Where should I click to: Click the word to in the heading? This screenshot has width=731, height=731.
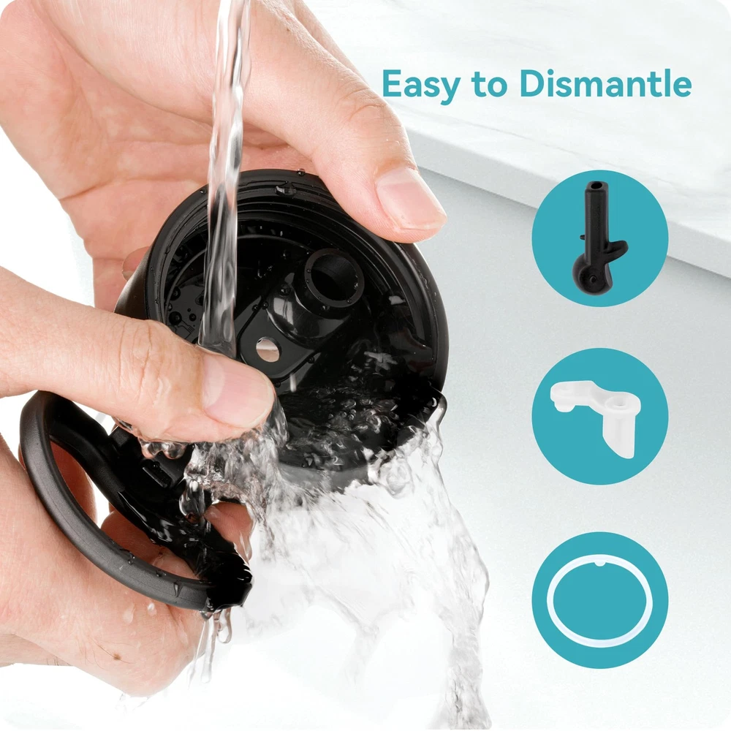click(489, 84)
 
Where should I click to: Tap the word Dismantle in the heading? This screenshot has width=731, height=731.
click(605, 83)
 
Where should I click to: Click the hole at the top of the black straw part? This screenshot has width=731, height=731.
click(593, 186)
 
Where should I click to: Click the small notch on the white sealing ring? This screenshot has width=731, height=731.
click(600, 564)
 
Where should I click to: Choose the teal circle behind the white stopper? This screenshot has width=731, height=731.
click(599, 417)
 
